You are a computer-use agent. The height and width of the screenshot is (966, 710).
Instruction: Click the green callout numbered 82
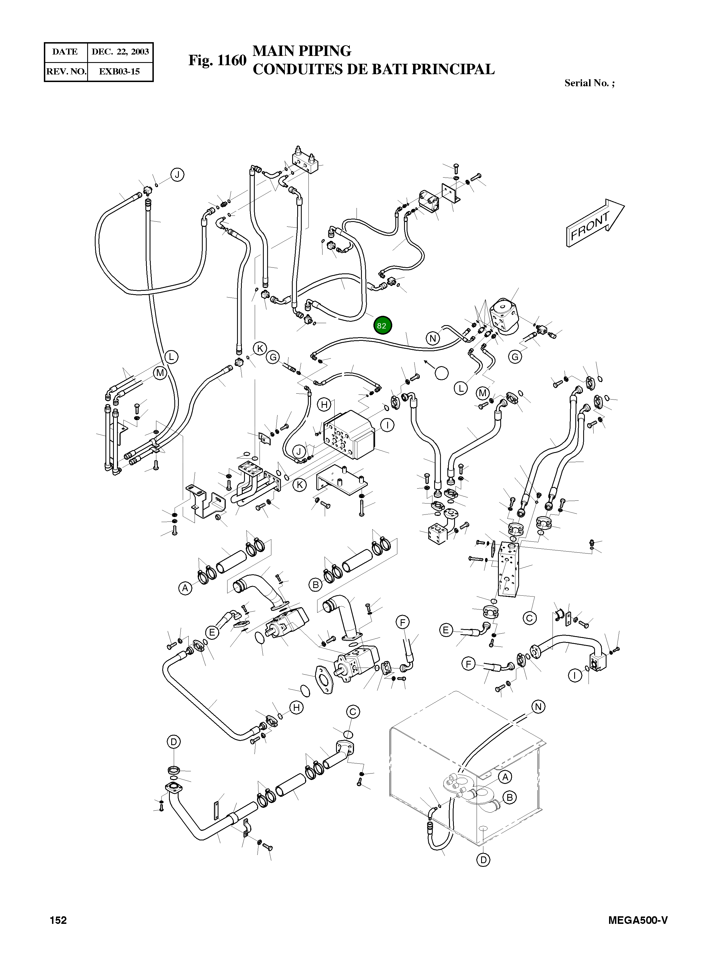[x=382, y=325]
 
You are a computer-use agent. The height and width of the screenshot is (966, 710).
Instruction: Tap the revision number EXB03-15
[x=120, y=72]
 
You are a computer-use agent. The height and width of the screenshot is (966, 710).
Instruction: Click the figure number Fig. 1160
[x=217, y=60]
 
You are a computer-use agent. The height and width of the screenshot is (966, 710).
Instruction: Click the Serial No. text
[x=589, y=83]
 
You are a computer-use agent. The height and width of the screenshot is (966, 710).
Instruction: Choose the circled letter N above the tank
[x=538, y=707]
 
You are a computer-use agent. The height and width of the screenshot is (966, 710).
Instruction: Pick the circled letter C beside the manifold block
[x=529, y=618]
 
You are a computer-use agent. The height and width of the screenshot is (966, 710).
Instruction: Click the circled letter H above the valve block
[x=324, y=404]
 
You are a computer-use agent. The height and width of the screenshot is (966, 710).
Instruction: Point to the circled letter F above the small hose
[x=402, y=622]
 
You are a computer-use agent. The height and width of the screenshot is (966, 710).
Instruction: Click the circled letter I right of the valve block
[x=387, y=425]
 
